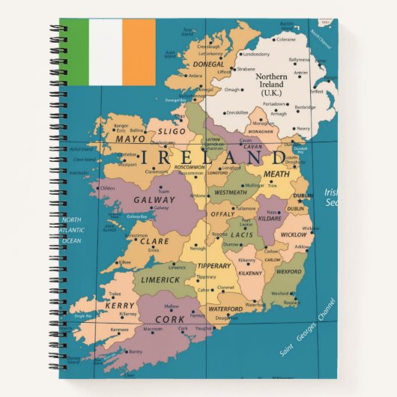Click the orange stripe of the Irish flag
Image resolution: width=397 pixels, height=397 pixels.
[139, 52]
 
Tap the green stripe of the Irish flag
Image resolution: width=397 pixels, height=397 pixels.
[74, 52]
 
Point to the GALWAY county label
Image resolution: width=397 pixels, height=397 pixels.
[154, 200]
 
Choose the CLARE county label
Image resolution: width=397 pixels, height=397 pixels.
[154, 241]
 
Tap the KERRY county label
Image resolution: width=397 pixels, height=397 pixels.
[119, 306]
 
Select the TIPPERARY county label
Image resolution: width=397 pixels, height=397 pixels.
[214, 266]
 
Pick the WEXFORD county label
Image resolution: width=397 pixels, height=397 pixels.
[289, 272]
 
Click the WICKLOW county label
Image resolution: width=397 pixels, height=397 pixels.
[293, 234]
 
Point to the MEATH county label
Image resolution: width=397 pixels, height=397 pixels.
[276, 174]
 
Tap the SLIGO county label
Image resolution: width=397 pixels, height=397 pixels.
[172, 131]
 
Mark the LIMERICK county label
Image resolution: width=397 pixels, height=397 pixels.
[160, 279]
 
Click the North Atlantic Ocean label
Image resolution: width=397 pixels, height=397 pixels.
[72, 230]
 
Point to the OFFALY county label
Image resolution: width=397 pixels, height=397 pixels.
[222, 214]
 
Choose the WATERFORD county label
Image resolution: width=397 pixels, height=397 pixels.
[225, 309]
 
